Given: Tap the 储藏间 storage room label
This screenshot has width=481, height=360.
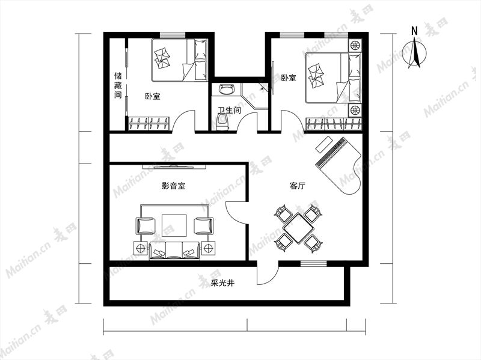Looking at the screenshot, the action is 118,85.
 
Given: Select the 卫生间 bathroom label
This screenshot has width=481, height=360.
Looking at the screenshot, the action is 229,111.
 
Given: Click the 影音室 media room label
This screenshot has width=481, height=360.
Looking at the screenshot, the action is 173,186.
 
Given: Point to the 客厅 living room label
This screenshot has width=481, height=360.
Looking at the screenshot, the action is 297,186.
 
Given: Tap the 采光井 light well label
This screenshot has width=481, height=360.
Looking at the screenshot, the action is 222,283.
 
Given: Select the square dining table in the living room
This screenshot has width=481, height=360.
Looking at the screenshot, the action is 298,228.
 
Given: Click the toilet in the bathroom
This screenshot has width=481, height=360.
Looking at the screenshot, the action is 223,122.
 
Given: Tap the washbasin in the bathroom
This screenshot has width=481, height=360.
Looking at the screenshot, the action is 227,90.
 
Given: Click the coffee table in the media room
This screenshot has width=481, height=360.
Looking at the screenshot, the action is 174,226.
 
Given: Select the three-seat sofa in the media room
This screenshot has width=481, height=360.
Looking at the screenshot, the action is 174,251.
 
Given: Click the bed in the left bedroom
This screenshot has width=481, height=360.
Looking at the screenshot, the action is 180,59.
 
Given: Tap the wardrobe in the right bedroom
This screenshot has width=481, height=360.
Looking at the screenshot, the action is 334,124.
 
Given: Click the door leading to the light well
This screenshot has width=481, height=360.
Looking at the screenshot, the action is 268,273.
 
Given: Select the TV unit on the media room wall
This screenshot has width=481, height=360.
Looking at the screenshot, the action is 174,167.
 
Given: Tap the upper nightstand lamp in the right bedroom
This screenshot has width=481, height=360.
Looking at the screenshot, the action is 355,46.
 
